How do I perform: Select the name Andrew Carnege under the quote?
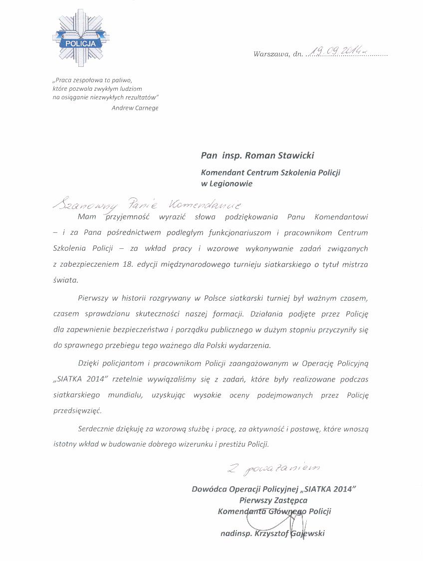135,108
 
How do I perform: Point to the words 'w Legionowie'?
226,184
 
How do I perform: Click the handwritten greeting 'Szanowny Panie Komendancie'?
147,204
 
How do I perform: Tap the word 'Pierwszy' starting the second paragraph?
93,298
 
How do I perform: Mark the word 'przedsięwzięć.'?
77,411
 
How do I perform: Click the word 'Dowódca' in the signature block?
210,489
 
